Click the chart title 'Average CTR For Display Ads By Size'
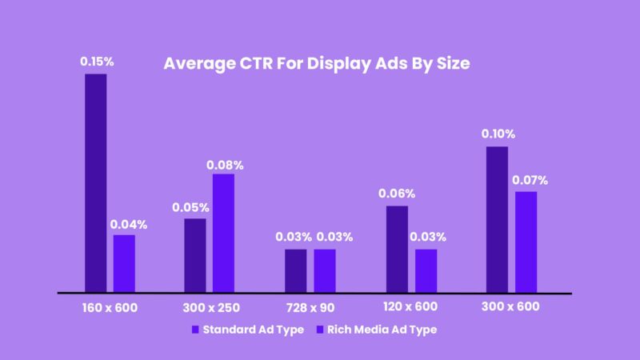[x=316, y=64]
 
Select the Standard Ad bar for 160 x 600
[x=96, y=183]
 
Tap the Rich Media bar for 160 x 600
[x=124, y=263]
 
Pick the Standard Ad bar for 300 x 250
[x=195, y=255]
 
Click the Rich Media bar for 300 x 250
[x=223, y=233]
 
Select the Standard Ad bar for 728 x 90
[x=295, y=270]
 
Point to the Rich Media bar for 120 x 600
[x=426, y=270]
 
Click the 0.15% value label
[x=96, y=61]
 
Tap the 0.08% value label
[x=225, y=165]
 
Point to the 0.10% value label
[x=498, y=134]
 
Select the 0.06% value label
[x=398, y=193]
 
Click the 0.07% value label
[x=527, y=178]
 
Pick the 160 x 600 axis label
[x=110, y=307]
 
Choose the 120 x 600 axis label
[x=411, y=307]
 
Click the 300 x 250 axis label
[x=210, y=307]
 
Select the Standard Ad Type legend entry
[x=247, y=330]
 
